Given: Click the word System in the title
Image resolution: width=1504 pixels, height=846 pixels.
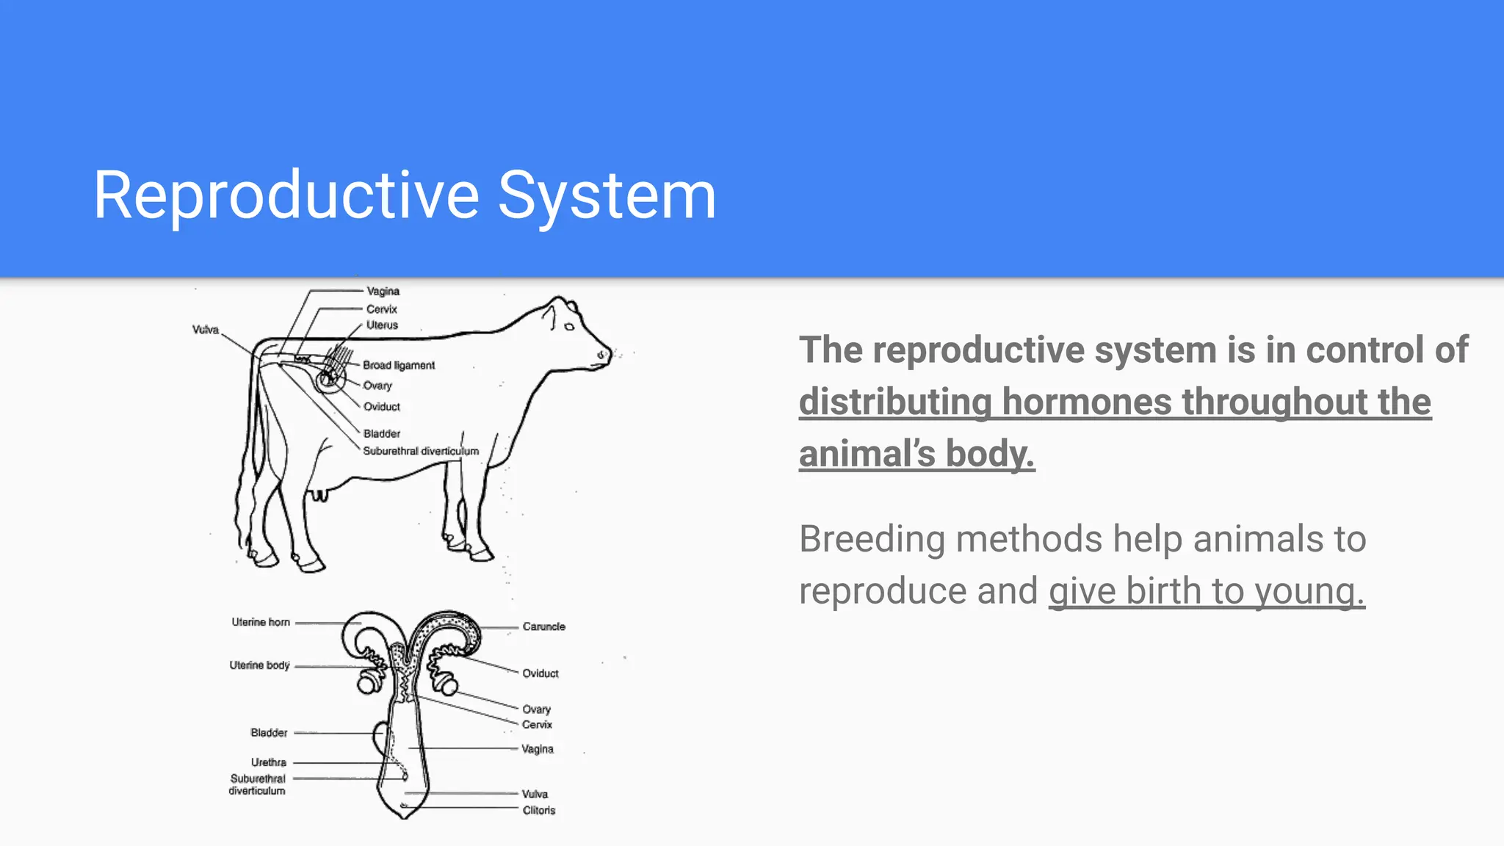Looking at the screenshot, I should click(x=607, y=195).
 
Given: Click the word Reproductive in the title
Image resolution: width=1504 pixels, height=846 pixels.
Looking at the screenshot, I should click(x=286, y=195).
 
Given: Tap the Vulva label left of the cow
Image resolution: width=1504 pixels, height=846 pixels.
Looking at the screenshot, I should click(x=206, y=330).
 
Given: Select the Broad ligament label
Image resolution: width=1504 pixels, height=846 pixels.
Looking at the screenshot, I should click(x=399, y=365).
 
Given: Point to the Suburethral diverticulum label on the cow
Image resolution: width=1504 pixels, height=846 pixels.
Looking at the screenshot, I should click(x=421, y=451).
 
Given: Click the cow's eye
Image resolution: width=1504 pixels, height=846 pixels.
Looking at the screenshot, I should click(x=569, y=326).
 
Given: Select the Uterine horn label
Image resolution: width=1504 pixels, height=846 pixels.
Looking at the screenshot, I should click(x=261, y=622).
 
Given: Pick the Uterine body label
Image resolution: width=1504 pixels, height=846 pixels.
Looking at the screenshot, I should click(x=259, y=665).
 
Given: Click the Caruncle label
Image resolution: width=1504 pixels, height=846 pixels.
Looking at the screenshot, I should click(x=543, y=626).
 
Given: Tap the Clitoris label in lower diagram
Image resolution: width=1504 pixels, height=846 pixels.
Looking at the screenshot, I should click(x=538, y=810).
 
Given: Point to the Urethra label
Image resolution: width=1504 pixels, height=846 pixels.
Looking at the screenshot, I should click(x=269, y=762).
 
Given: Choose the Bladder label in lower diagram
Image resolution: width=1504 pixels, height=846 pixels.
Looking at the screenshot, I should click(x=269, y=733).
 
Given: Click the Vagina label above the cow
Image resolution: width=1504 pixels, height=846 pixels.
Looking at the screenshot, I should click(x=383, y=292).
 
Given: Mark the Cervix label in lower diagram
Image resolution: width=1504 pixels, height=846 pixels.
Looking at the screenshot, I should click(x=537, y=725).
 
